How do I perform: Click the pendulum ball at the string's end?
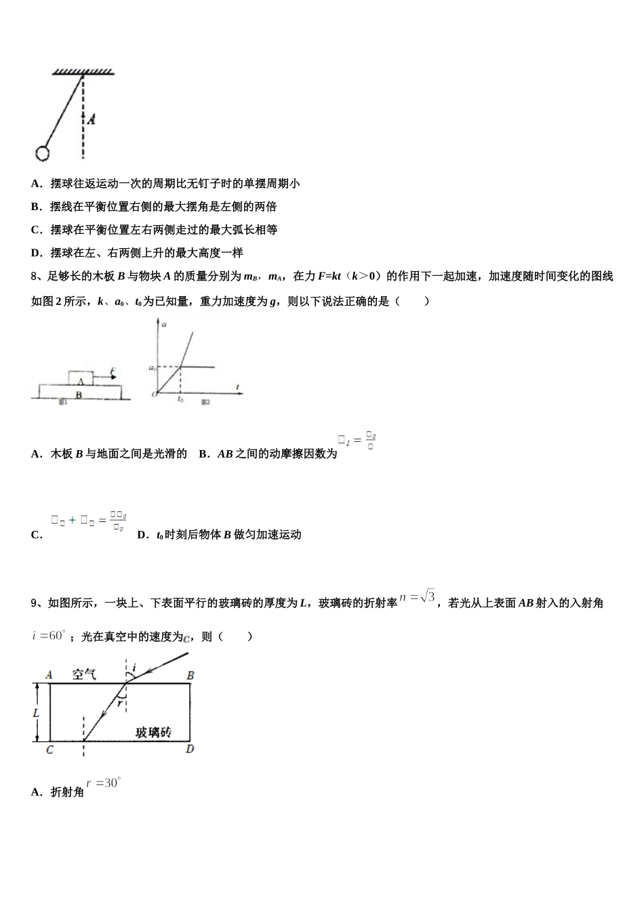pos(43,154)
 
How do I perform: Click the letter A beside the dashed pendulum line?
pos(92,119)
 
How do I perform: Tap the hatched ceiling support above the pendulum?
pos(83,71)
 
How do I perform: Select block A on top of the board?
pos(80,378)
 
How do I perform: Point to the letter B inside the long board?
pos(79,393)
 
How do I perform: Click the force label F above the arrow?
pos(113,370)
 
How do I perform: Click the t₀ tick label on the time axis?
pos(180,399)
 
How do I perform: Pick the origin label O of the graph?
pos(155,394)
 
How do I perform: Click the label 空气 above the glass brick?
pos(85,674)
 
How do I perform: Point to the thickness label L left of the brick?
pos(36,712)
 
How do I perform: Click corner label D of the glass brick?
pos(190,748)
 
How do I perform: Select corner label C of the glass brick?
pos(49,749)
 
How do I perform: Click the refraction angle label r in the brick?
pos(119,702)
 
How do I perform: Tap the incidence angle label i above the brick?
pos(134,668)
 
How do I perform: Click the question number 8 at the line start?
pos(34,276)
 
